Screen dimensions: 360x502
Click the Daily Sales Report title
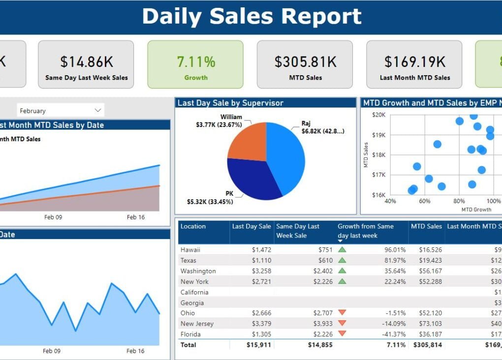(251, 16)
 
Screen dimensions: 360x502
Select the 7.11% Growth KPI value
(196, 62)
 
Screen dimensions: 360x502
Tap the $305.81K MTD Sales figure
(305, 62)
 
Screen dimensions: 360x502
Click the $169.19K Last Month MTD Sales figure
(414, 62)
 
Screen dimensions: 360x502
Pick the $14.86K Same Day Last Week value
(86, 62)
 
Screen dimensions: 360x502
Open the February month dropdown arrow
(98, 110)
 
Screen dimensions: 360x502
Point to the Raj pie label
(306, 123)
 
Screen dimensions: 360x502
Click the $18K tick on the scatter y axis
(378, 155)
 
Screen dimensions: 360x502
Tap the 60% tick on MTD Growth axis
(424, 201)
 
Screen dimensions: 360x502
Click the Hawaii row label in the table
(190, 250)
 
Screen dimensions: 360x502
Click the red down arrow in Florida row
(342, 333)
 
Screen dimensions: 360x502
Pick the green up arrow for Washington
(342, 270)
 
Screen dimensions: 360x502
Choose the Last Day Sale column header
(251, 226)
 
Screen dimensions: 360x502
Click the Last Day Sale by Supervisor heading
(230, 103)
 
